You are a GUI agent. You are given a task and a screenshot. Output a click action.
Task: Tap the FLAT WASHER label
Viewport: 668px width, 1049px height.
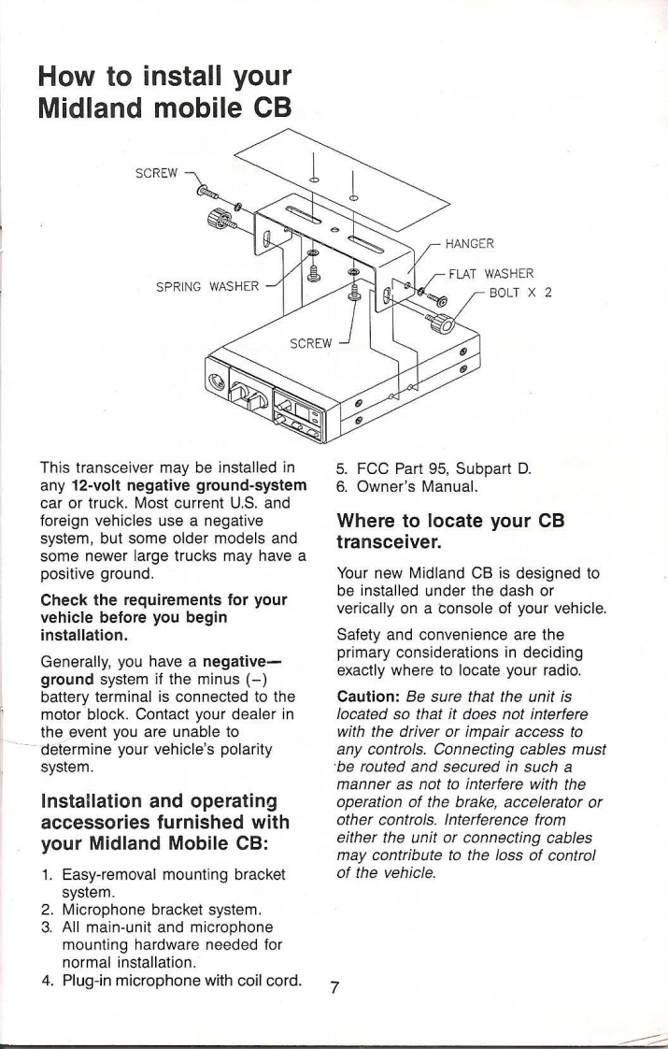point(491,274)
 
